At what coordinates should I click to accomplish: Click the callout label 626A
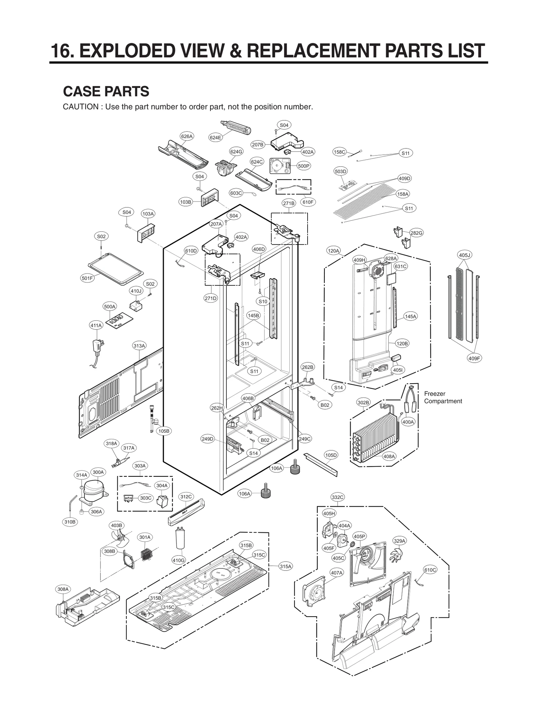pos(187,136)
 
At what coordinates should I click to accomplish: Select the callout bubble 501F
pos(87,278)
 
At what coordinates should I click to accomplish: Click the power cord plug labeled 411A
pos(98,347)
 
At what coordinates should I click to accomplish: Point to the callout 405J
pos(465,255)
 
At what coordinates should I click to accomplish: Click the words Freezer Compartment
pos(443,397)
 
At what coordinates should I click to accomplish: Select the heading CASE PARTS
pos(106,91)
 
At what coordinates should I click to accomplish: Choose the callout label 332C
pos(338,497)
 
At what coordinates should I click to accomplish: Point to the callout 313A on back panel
pos(139,346)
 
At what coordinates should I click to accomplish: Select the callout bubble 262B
pos(307,367)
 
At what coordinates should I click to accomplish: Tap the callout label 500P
pos(304,166)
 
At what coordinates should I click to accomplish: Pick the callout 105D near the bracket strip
pos(331,455)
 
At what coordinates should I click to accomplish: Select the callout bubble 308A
pos(63,589)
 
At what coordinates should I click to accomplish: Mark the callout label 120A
pos(334,251)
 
